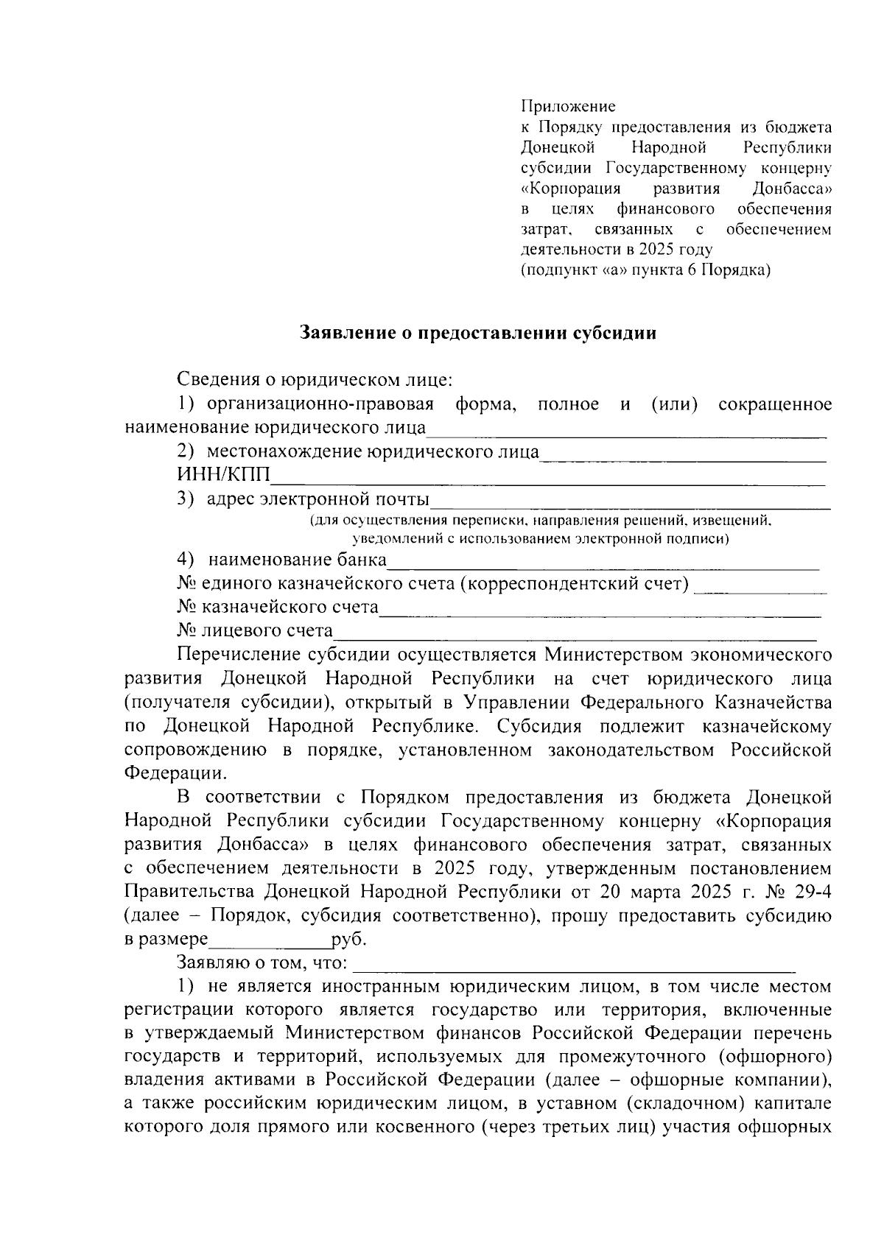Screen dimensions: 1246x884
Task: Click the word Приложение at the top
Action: tap(568, 106)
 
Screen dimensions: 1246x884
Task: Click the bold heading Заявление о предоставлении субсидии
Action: tap(478, 333)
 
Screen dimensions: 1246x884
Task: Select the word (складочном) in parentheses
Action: tap(684, 1105)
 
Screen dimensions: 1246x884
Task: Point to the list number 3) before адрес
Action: tap(186, 499)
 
